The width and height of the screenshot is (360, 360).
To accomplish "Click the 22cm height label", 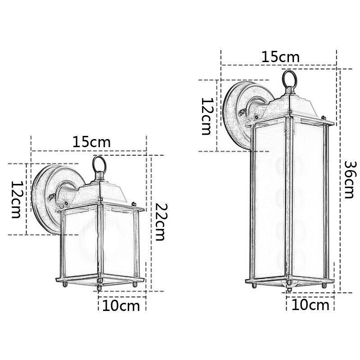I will tap(161, 222).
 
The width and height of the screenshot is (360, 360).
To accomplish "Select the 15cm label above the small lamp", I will tap(91, 142).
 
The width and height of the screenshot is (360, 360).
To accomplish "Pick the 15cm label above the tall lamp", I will tap(280, 57).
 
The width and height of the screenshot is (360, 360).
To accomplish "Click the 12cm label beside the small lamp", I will tap(16, 199).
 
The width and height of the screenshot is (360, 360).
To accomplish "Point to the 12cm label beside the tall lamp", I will tap(207, 116).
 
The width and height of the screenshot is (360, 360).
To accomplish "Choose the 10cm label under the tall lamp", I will tap(310, 305).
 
